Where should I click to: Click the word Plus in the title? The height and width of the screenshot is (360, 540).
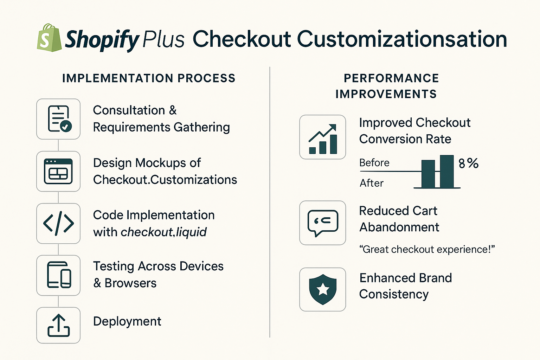[163, 39]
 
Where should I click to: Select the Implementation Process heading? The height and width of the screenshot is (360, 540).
[149, 78]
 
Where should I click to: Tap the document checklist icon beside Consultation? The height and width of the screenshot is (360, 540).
[59, 119]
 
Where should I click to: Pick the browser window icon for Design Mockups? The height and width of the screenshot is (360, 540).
[58, 171]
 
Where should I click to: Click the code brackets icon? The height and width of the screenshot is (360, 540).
[58, 223]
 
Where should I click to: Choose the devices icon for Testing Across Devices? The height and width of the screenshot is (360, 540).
[59, 275]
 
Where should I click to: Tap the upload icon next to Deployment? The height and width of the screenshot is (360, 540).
[59, 326]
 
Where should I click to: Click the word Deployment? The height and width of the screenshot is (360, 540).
[127, 321]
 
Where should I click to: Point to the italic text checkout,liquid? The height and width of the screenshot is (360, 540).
[164, 232]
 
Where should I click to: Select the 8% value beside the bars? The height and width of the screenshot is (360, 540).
[468, 163]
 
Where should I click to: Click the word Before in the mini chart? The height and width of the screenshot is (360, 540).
[374, 163]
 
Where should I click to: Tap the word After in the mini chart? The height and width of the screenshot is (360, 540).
[371, 183]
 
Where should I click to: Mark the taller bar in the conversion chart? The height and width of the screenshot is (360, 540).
[447, 171]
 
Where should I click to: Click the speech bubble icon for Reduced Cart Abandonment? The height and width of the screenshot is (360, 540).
[323, 223]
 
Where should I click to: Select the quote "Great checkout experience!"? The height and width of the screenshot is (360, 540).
[427, 249]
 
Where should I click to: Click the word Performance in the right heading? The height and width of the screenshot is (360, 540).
[391, 78]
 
